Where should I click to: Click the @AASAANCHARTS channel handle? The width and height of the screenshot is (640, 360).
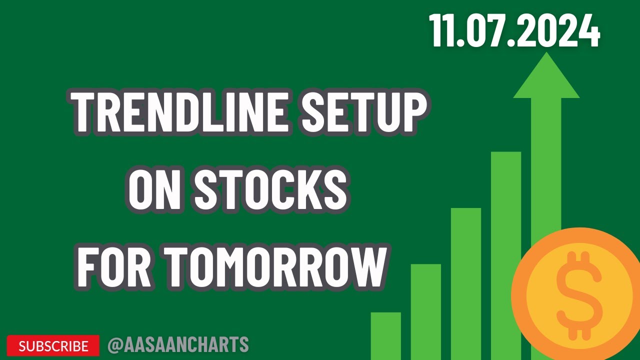pos(178,345)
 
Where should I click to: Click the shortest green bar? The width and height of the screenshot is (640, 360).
pos(385,335)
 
